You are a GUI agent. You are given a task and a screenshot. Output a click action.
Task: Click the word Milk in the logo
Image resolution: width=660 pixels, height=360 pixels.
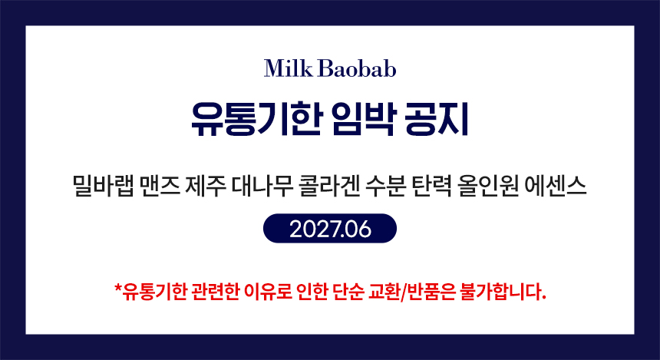[x=289, y=68]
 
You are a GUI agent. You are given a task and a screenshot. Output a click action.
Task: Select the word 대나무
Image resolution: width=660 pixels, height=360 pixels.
[x=262, y=187]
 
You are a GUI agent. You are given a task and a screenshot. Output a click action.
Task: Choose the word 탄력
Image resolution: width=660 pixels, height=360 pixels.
[x=432, y=187]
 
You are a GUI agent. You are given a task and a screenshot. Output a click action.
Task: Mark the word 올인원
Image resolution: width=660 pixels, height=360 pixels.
[x=488, y=187]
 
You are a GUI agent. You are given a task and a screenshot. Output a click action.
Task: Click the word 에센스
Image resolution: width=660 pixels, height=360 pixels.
[x=556, y=187]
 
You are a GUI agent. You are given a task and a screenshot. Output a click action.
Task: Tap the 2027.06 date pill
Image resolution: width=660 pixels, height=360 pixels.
[x=330, y=229]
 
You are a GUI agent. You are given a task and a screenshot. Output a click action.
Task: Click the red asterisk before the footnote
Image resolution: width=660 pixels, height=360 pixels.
[x=118, y=288]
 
